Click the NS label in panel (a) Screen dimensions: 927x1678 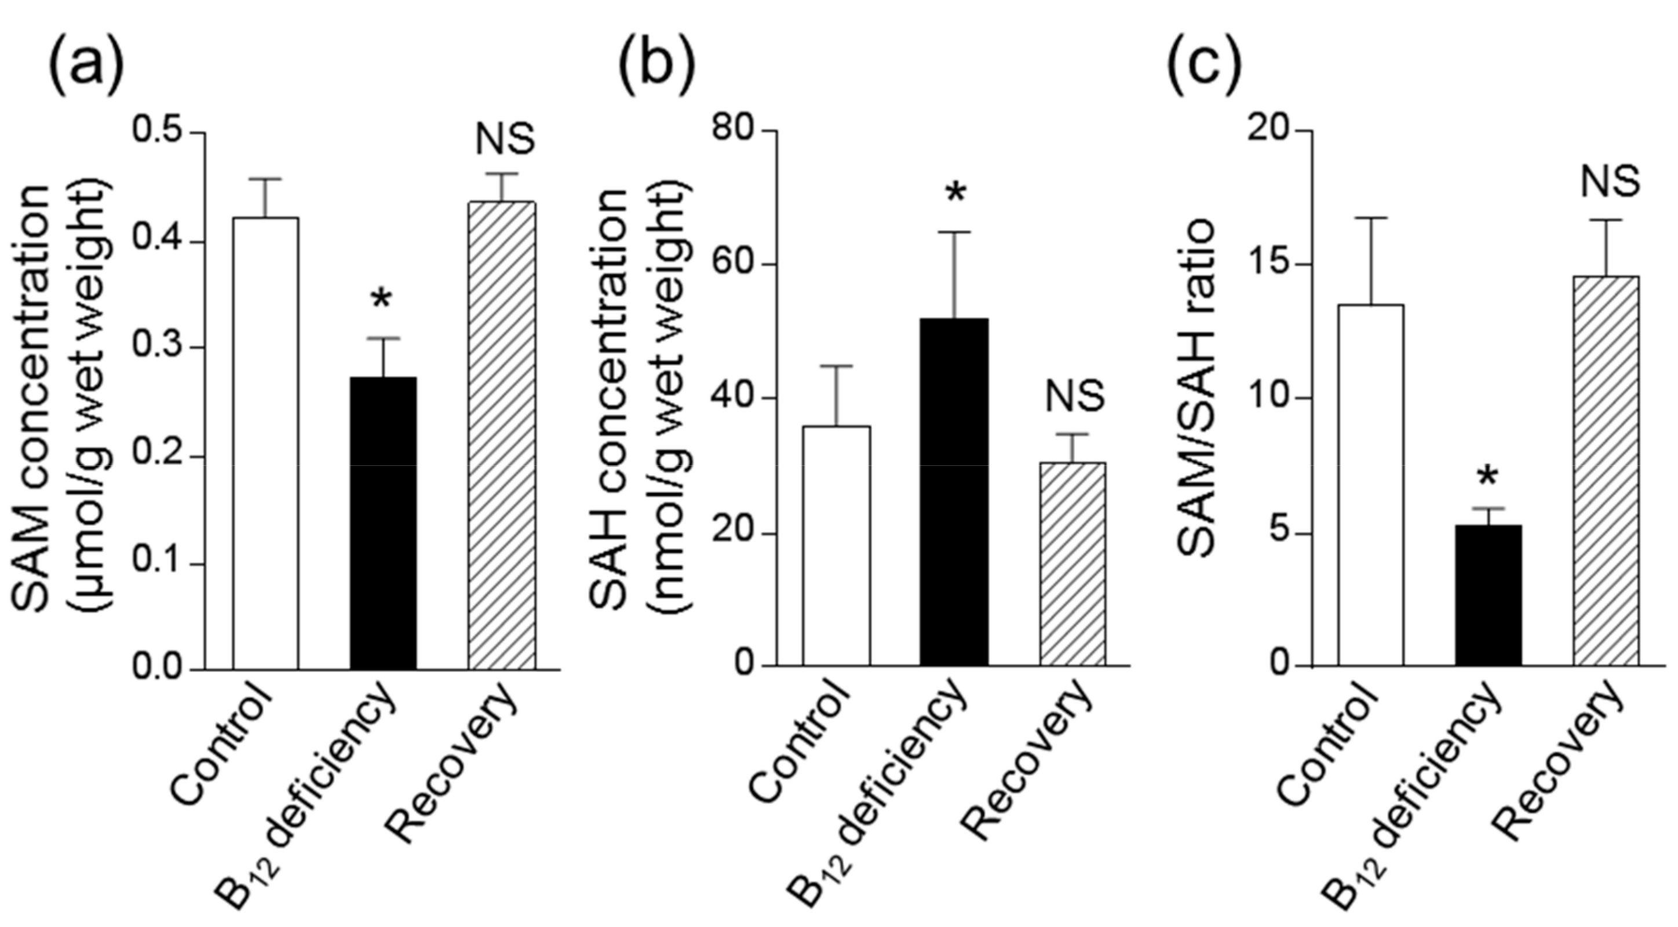[505, 140]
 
